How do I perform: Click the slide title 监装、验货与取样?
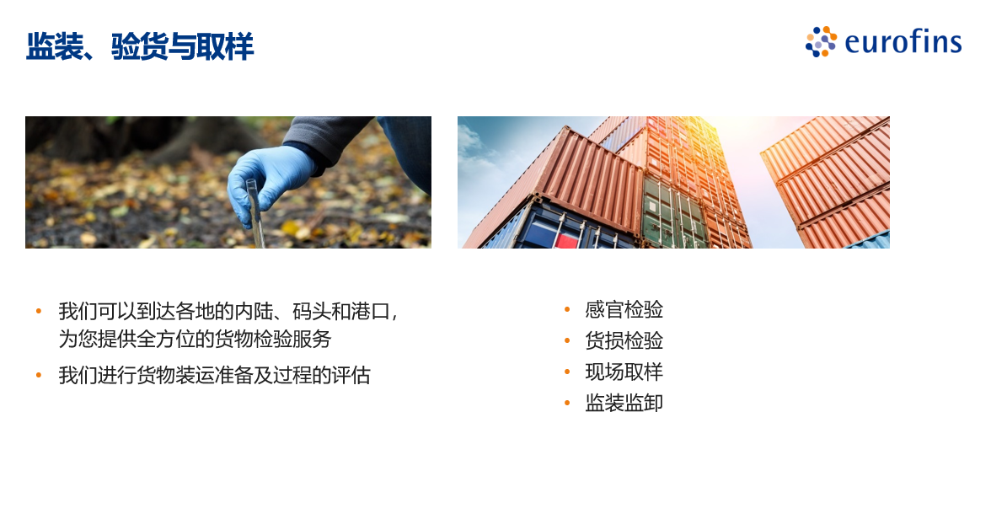click(140, 46)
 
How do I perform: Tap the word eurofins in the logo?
click(903, 42)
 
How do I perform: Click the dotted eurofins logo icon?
click(821, 42)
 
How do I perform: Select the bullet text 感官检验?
click(624, 310)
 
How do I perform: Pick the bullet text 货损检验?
click(624, 340)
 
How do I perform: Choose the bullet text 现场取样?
click(624, 372)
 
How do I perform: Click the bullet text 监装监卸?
click(624, 403)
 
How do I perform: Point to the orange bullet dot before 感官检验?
click(567, 310)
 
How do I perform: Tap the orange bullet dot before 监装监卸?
click(567, 403)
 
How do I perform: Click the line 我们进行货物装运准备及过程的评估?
click(214, 376)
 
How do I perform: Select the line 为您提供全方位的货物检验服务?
click(195, 339)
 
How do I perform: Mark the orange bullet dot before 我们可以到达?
click(39, 311)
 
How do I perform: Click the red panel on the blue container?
click(567, 240)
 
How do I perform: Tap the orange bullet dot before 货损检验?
click(567, 340)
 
